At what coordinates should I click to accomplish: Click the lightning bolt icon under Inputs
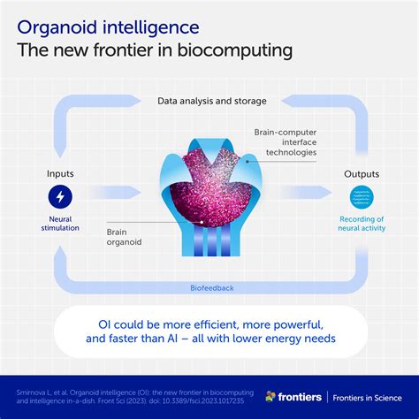click(60, 196)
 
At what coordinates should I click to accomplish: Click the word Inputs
click(60, 173)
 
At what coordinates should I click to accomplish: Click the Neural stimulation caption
click(60, 225)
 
